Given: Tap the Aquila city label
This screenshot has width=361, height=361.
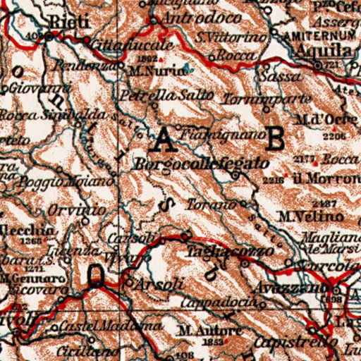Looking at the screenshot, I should coord(324,51).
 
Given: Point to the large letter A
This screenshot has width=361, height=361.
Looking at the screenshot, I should coord(165,140).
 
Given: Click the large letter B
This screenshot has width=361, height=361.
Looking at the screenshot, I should coord(276,138).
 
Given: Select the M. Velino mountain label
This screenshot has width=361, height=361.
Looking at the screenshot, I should coord(305,216).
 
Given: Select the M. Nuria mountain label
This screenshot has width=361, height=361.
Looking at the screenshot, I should coord(147,71).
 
